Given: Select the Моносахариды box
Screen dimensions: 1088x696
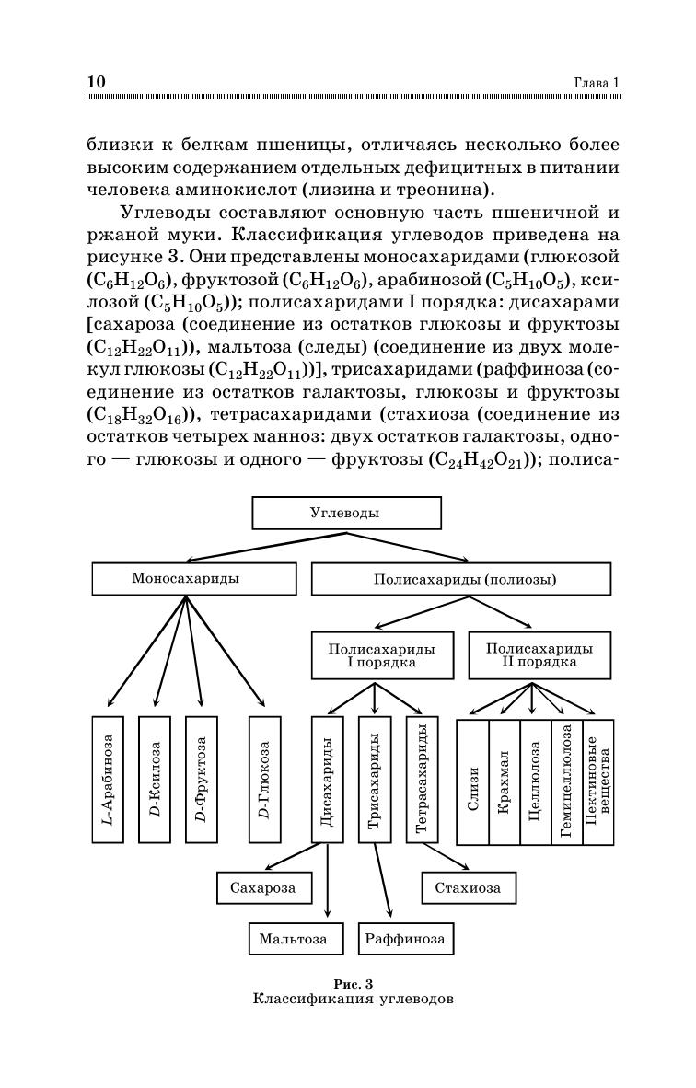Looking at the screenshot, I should pyautogui.click(x=193, y=579).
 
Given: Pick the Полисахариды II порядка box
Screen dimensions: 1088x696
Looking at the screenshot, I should pyautogui.click(x=539, y=655).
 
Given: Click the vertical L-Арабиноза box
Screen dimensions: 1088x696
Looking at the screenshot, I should pyautogui.click(x=108, y=779).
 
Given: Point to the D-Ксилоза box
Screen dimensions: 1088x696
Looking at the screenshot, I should pyautogui.click(x=155, y=779).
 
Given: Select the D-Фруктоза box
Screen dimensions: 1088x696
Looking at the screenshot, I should pyautogui.click(x=202, y=779).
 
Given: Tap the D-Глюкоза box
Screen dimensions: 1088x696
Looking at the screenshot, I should pyautogui.click(x=264, y=779).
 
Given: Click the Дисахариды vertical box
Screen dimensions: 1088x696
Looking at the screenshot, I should pyautogui.click(x=327, y=779).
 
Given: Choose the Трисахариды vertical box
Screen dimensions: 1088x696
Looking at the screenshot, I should pyautogui.click(x=374, y=779).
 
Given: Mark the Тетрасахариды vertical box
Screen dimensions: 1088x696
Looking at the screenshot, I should pyautogui.click(x=421, y=779).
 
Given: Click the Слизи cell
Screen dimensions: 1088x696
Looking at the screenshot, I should pyautogui.click(x=472, y=782).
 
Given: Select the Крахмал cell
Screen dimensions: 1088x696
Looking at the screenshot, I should pyautogui.click(x=504, y=782).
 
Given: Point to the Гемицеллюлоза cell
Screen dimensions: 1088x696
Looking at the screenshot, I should pyautogui.click(x=566, y=782).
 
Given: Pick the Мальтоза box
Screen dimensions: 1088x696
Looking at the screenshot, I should pyautogui.click(x=295, y=939).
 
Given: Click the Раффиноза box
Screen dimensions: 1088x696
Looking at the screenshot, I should pyautogui.click(x=404, y=939).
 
